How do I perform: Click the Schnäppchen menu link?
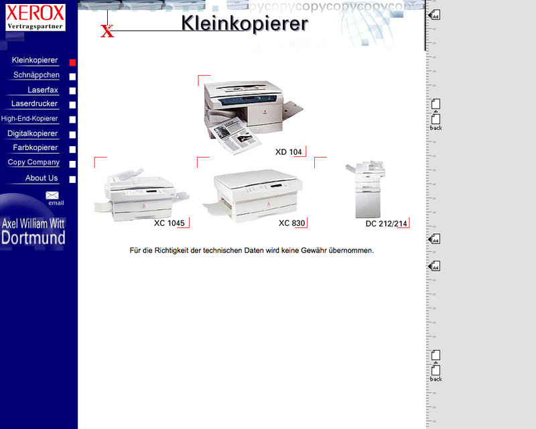[x=36, y=75]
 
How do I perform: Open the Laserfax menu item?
[x=43, y=90]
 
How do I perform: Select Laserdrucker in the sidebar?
[x=34, y=104]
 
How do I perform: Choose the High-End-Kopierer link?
[x=29, y=119]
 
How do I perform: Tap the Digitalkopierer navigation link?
[x=32, y=133]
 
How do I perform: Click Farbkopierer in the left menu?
[x=36, y=147]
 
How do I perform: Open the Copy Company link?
[x=33, y=162]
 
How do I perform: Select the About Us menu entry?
[x=42, y=178]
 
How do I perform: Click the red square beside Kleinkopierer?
[x=72, y=62]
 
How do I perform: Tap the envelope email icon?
[x=52, y=195]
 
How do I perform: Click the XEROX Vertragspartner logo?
[x=36, y=17]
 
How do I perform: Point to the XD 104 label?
[x=289, y=152]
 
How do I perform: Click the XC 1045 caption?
[x=170, y=223]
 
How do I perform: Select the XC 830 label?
[x=291, y=223]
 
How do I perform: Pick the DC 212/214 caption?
[x=387, y=224]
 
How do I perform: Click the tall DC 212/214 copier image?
[x=366, y=189]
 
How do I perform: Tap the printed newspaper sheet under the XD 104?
[x=235, y=135]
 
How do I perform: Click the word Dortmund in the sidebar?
[x=33, y=238]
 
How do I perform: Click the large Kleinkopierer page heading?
[x=245, y=23]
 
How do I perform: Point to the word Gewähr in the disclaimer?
[x=314, y=251]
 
